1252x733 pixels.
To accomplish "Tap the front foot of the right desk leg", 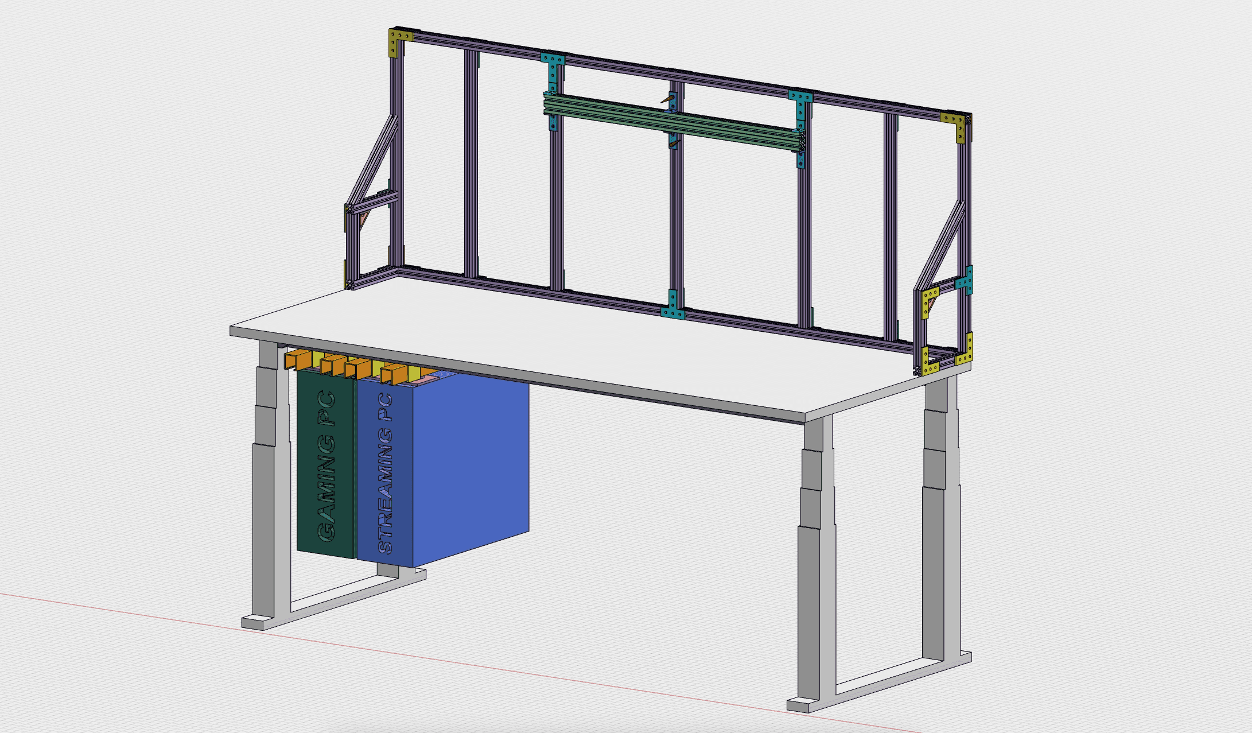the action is (806, 704).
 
